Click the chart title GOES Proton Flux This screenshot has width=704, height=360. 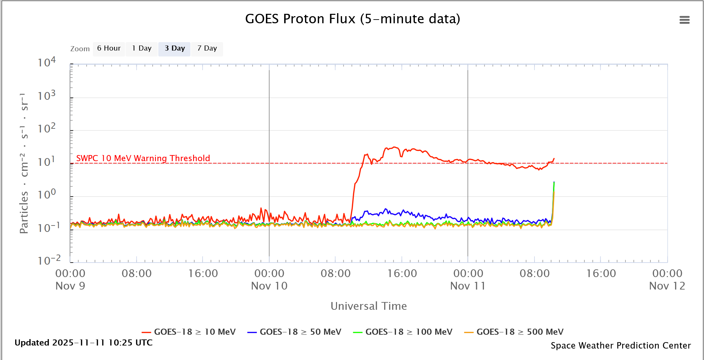(x=352, y=19)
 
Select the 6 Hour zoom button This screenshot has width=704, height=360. (x=109, y=49)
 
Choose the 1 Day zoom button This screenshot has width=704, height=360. (x=142, y=49)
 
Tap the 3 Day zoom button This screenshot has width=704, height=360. (x=175, y=49)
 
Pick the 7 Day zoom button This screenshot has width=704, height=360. (x=207, y=49)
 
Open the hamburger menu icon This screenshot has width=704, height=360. (x=684, y=20)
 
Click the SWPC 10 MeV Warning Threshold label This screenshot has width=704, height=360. (x=143, y=158)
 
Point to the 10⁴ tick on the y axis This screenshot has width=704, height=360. (x=47, y=63)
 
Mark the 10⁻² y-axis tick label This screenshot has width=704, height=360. (x=49, y=260)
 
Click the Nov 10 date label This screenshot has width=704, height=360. (x=269, y=286)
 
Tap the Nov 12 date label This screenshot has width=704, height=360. (x=667, y=286)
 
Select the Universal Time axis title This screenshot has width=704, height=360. (x=369, y=306)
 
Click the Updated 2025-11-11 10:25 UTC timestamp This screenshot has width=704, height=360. (x=84, y=343)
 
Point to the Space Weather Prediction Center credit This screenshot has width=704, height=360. (x=621, y=346)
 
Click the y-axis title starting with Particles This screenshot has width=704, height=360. (x=24, y=163)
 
